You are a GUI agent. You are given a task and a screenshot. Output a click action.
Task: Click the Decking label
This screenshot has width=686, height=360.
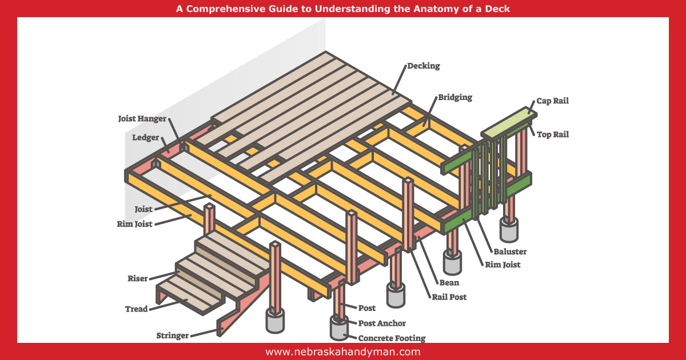point(424,66)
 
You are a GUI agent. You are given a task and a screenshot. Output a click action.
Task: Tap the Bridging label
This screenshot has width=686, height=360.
point(455,97)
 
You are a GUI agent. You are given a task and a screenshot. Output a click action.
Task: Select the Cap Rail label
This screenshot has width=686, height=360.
point(552,101)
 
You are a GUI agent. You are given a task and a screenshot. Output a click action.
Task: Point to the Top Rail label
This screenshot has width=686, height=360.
point(552,135)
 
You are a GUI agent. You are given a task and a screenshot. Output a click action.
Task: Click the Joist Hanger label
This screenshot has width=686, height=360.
point(142,119)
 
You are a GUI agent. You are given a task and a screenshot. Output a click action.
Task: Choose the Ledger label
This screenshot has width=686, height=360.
point(146,138)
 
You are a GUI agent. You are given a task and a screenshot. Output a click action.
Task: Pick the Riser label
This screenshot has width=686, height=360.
point(137,279)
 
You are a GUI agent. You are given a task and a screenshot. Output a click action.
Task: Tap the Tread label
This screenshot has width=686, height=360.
point(137,309)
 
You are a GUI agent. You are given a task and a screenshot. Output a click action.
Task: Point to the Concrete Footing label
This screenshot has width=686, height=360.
point(392,338)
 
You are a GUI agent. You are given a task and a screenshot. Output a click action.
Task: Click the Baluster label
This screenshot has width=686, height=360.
point(509,251)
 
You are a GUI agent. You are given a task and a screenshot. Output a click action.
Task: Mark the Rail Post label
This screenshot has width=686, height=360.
point(449,297)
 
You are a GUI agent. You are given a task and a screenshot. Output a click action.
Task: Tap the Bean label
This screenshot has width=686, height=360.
point(449,282)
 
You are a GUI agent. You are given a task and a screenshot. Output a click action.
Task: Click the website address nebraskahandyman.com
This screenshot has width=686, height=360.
point(342,352)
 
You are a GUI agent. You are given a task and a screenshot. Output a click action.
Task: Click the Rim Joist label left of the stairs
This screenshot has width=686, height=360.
point(135,224)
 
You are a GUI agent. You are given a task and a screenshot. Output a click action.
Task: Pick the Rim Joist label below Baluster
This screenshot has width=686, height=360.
point(503,265)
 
